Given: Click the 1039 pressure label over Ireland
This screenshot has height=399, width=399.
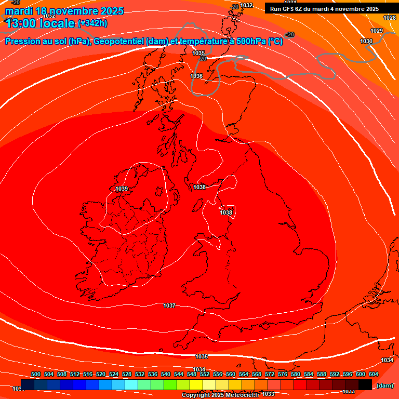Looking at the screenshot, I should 122,189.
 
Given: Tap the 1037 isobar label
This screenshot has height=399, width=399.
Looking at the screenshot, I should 169,305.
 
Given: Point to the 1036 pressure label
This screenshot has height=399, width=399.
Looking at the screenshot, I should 196,76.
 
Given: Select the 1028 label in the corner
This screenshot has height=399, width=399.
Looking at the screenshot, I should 390,18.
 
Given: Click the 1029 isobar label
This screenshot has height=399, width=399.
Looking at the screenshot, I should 377,31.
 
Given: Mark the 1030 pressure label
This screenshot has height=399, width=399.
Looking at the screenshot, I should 366,41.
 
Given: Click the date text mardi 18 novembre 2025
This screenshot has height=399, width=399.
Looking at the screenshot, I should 64,11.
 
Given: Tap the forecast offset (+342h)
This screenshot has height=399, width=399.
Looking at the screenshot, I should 92,23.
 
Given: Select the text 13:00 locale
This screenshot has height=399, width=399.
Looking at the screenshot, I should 40,23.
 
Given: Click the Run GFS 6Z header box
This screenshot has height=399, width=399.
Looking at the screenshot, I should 324,9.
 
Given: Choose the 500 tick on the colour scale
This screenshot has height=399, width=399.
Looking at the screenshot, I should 36,374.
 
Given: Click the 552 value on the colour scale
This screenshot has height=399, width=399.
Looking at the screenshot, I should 205,374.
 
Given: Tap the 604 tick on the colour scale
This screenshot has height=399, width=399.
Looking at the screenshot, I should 374,374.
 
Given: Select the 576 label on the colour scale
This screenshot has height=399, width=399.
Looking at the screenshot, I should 283,374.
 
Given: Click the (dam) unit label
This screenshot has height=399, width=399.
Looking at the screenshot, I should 384,385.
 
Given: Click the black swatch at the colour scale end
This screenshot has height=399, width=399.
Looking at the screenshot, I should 365,385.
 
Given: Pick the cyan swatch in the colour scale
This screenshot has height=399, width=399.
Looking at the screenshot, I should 131,385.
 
